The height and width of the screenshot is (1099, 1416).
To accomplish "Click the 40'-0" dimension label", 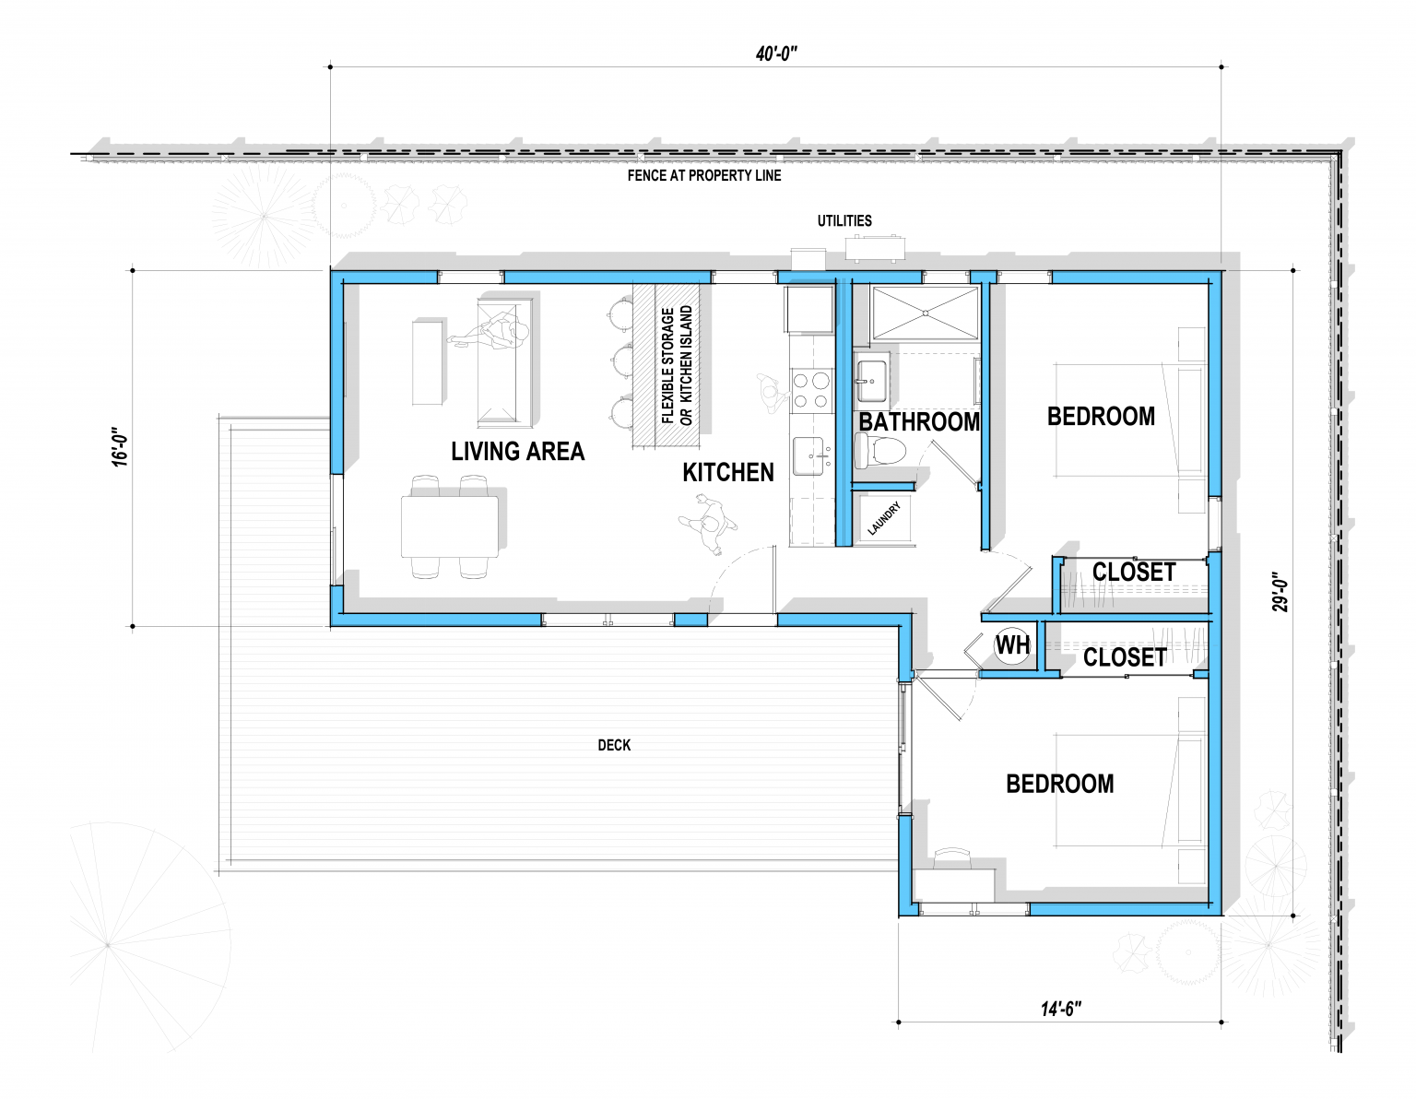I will point(775,54).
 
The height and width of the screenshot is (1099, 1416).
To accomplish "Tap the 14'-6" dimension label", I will point(1060,1009).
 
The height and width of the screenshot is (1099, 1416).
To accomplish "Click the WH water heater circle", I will point(1011,645).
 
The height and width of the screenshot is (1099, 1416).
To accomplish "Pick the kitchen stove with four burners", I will point(810,388).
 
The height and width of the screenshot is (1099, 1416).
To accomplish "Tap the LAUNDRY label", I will point(883,519).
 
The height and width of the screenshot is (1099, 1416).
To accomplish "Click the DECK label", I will point(614,745).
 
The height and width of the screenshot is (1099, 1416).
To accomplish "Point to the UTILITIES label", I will point(844,220).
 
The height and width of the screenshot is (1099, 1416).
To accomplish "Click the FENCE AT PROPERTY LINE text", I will point(703,175).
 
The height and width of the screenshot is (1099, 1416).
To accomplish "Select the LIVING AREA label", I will point(517,451).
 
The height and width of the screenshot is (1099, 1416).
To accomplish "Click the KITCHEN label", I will point(727,472).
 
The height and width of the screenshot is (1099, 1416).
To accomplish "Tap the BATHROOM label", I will point(918,421).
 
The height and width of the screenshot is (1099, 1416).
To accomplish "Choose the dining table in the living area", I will point(450,526).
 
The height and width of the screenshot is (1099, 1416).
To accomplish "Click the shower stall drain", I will point(925,313).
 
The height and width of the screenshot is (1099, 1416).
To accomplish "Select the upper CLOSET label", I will point(1133,572).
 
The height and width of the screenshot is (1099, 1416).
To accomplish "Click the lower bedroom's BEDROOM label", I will point(1059,784).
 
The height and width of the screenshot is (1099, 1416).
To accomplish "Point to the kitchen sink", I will point(811,456).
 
